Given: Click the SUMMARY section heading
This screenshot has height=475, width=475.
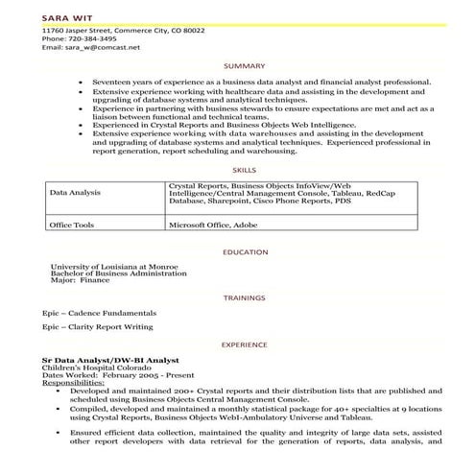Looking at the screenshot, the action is (x=237, y=65).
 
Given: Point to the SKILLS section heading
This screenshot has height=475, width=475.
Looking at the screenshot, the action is (x=237, y=167).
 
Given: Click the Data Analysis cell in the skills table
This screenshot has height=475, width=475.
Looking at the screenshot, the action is (x=75, y=192).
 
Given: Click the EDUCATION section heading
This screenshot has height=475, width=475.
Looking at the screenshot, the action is (x=237, y=251).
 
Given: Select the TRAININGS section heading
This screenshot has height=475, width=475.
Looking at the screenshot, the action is (x=237, y=297).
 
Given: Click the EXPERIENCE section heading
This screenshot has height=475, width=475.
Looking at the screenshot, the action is (x=237, y=344).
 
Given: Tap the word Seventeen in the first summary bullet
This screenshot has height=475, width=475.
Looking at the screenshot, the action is (x=113, y=83).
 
